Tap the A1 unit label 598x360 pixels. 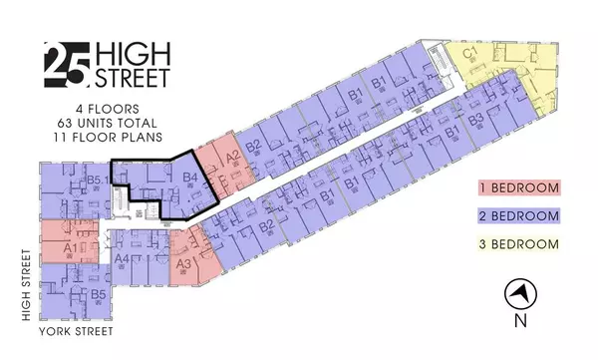click(69, 245)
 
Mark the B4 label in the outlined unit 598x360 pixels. click(190, 180)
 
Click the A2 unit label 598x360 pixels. click(232, 157)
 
